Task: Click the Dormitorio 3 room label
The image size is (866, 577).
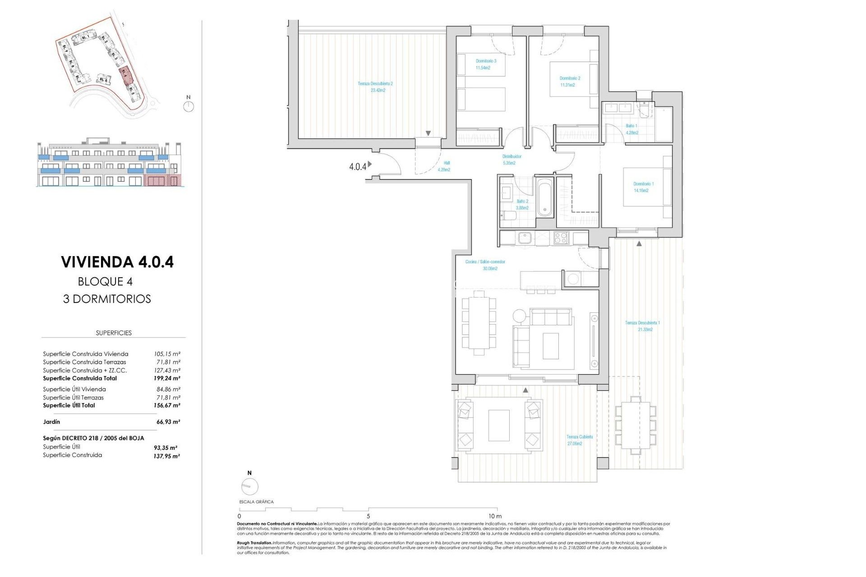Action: point(486,64)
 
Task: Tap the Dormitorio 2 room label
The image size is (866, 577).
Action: point(570,81)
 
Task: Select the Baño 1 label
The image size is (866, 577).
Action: point(631,129)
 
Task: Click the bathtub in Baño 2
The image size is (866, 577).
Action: point(544,197)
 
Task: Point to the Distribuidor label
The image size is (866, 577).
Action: point(511,160)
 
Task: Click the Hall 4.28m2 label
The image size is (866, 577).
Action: point(444,166)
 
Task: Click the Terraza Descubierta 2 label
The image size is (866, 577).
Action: point(375,87)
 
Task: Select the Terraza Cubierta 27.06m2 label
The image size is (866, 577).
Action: point(579,440)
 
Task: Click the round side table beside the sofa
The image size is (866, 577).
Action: point(519,316)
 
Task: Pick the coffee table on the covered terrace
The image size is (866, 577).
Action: point(498,425)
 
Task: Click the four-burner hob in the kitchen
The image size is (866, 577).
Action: point(561,237)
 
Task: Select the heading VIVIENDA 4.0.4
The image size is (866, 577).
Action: point(117,262)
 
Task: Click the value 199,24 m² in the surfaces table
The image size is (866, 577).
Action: point(167,378)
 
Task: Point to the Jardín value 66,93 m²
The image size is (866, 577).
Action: point(168,422)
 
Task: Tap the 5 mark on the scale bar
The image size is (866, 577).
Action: point(368,516)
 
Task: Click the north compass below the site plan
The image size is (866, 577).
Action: point(189,106)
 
